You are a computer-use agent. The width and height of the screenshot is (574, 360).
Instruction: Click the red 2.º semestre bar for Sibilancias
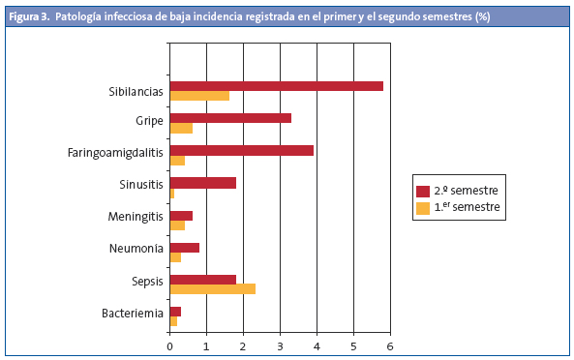click(276, 86)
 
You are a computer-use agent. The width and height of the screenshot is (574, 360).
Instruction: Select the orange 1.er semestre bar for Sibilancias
click(199, 96)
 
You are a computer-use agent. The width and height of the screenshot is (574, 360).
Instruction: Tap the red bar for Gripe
click(230, 118)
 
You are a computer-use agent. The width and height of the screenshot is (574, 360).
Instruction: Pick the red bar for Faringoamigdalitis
click(241, 150)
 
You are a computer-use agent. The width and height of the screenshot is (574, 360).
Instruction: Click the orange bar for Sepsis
click(212, 288)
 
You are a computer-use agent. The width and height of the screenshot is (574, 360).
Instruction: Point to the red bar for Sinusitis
click(202, 182)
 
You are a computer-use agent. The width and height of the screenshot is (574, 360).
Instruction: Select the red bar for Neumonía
click(184, 247)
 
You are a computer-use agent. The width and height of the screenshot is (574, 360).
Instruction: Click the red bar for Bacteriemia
click(175, 311)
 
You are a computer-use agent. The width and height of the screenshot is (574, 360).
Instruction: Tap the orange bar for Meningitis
click(177, 225)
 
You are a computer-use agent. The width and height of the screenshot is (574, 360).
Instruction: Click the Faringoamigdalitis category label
click(115, 154)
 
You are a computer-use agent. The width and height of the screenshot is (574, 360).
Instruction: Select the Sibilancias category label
click(136, 91)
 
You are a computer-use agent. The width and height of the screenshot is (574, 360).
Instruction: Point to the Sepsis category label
click(147, 283)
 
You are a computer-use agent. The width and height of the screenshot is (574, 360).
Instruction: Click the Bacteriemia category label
click(133, 315)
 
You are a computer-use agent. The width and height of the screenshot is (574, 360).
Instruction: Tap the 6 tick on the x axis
click(390, 345)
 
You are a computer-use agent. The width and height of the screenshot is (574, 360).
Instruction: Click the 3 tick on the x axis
click(280, 345)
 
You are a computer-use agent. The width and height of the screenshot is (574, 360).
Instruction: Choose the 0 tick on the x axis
click(169, 345)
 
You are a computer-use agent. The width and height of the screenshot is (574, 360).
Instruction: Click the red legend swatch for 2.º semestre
click(422, 191)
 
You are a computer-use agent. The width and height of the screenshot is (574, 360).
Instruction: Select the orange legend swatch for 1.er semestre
click(422, 207)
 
